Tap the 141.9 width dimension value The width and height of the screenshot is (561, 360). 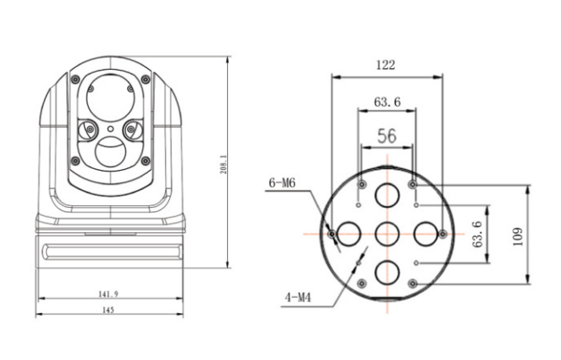point(109,294)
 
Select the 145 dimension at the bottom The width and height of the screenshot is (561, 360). point(109,310)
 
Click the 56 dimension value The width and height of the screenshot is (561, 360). point(387,135)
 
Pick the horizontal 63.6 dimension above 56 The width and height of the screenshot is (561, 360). point(386,102)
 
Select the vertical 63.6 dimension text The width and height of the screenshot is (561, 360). point(478,235)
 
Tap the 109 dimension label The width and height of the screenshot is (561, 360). point(517,236)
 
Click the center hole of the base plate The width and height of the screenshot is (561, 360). point(387,233)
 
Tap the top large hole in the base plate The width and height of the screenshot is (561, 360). point(387,195)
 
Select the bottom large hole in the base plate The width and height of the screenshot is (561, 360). point(387,271)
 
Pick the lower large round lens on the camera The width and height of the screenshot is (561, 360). point(109,153)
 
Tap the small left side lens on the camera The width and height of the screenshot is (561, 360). point(87,130)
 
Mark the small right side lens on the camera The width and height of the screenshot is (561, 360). point(132,130)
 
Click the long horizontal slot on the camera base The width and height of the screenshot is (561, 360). point(109,249)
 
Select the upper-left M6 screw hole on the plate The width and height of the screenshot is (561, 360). point(362,184)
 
